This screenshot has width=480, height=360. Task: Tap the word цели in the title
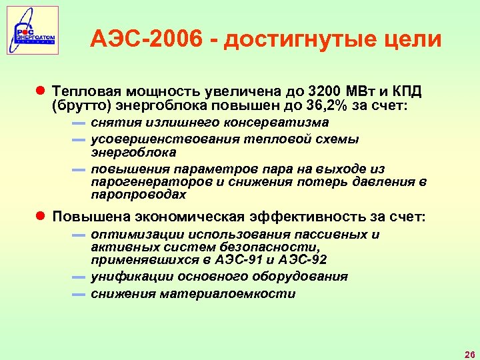tap(413, 39)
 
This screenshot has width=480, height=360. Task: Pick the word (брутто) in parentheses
tap(79, 105)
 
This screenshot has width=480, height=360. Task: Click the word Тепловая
tap(85, 91)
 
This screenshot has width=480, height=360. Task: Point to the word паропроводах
tap(139, 195)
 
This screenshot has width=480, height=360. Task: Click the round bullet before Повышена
tap(40, 217)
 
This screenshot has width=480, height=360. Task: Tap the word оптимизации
tap(137, 235)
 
